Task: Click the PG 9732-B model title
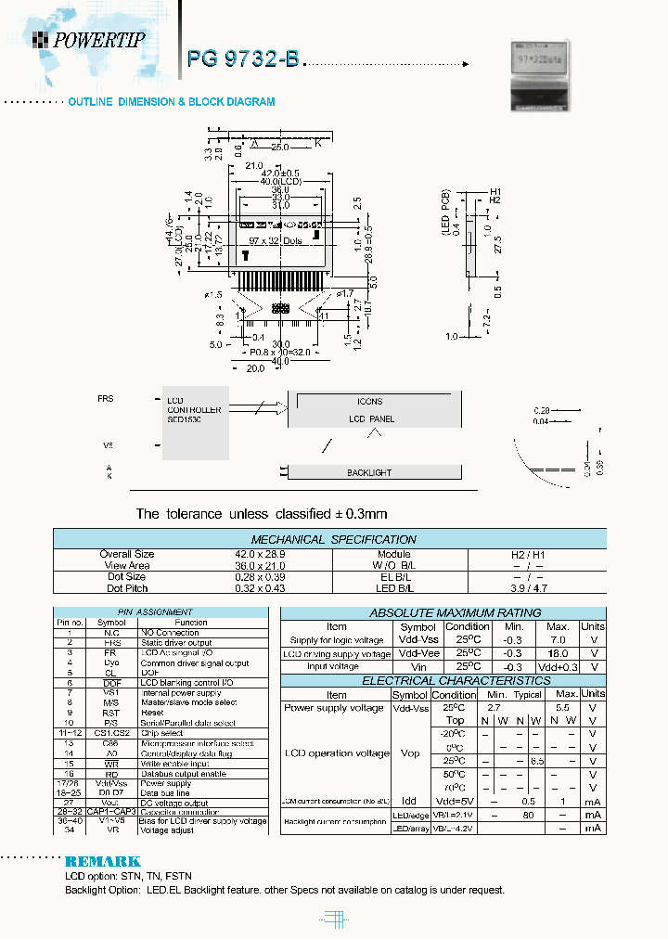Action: (x=243, y=59)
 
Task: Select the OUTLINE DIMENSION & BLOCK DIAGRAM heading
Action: (x=171, y=102)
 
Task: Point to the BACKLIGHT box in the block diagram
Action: (x=369, y=472)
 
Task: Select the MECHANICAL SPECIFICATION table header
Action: (x=333, y=539)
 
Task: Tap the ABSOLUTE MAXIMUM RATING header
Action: (x=442, y=613)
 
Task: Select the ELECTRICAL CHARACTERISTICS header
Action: (x=442, y=680)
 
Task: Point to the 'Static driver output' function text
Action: (x=176, y=643)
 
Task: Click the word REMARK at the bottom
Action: (x=102, y=861)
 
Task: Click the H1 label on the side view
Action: (x=495, y=190)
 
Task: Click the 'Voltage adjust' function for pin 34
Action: (x=167, y=830)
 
